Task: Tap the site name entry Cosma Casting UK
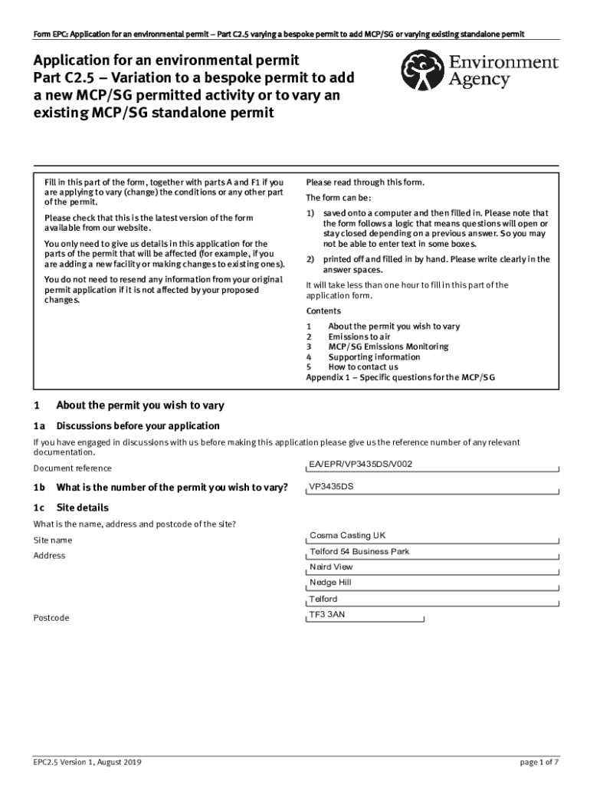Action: (x=347, y=535)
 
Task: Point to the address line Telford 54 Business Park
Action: (x=359, y=551)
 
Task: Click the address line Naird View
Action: (x=331, y=567)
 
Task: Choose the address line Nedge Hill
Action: (x=330, y=583)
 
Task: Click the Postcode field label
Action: (x=51, y=618)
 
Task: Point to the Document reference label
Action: (x=72, y=468)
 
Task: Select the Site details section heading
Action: (x=83, y=508)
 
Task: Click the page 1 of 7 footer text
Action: (x=539, y=762)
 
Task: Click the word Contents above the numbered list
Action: (x=323, y=311)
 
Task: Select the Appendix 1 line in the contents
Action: (x=401, y=377)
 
